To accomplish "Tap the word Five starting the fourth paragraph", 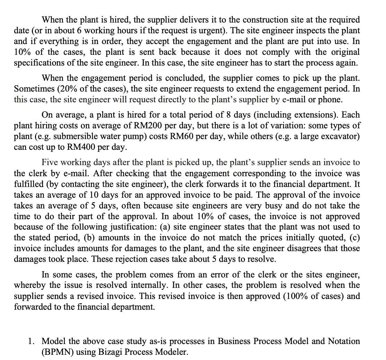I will (x=52, y=162).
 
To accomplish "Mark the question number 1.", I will (x=31, y=341).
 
